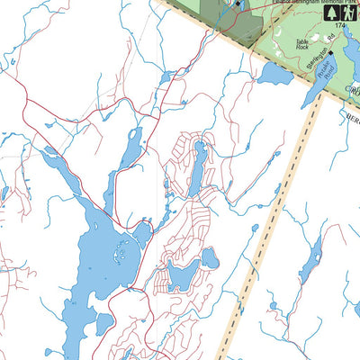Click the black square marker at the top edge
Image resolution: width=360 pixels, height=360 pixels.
click(238, 4)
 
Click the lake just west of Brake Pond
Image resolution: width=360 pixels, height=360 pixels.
click(275, 75)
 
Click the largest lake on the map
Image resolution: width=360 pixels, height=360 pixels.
click(95, 265)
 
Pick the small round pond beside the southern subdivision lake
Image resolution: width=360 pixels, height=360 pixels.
click(209, 259)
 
